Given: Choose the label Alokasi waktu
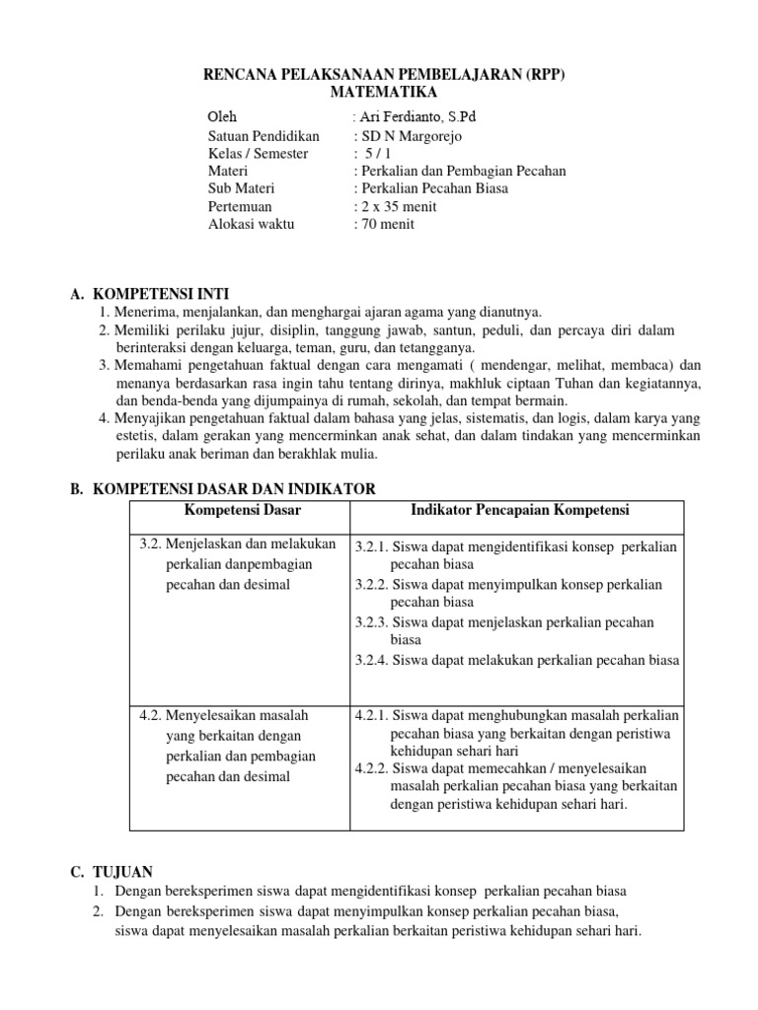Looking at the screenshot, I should [x=251, y=224].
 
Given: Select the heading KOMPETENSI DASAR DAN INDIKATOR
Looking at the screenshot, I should [x=233, y=488].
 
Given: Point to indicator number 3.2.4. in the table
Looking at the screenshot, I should [x=372, y=661].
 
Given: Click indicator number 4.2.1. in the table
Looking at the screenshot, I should [x=372, y=715].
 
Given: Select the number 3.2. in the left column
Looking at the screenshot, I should [x=150, y=543].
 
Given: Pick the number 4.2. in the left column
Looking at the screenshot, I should [x=150, y=715].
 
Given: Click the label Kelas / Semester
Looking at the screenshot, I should [x=258, y=154].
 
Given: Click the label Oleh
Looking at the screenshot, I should [x=223, y=116].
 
